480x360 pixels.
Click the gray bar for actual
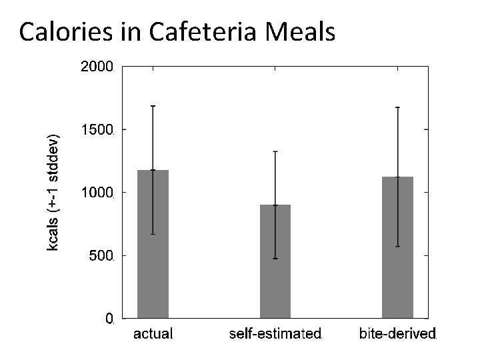(x=153, y=244)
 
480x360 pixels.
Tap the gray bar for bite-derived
(x=397, y=247)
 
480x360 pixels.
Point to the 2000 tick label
(x=97, y=67)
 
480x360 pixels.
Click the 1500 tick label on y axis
(x=97, y=129)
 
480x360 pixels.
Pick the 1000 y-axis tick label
(x=97, y=193)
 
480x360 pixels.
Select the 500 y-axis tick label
(x=101, y=255)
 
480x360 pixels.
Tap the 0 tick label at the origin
(x=109, y=319)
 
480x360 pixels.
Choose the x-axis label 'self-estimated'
(x=275, y=333)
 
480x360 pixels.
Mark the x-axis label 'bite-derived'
(x=397, y=333)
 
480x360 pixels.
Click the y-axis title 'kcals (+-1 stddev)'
(x=53, y=192)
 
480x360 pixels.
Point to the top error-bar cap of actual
(x=153, y=106)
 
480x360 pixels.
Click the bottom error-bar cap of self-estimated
(x=275, y=258)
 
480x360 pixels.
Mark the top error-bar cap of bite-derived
(x=397, y=107)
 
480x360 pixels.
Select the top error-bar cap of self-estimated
(x=275, y=151)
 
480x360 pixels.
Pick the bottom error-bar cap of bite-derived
(x=397, y=247)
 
